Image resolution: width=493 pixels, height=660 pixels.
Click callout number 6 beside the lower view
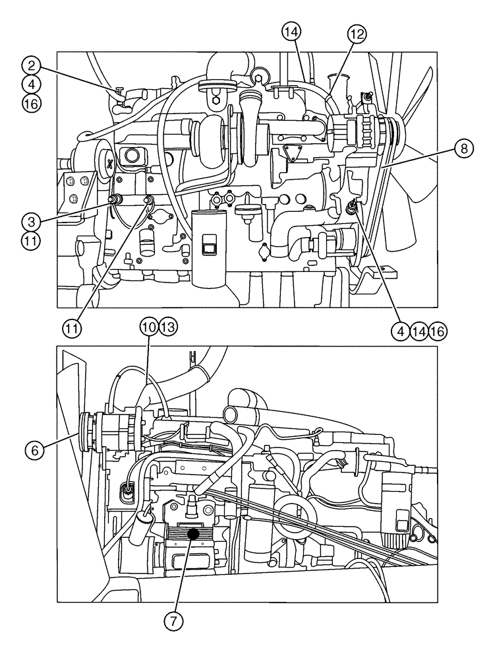(34, 449)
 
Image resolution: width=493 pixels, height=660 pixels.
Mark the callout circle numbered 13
(168, 327)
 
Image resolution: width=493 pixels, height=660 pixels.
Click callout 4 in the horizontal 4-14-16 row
(399, 332)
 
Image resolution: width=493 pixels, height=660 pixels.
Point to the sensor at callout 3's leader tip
(116, 198)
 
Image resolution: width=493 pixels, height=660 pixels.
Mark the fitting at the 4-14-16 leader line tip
(355, 207)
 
